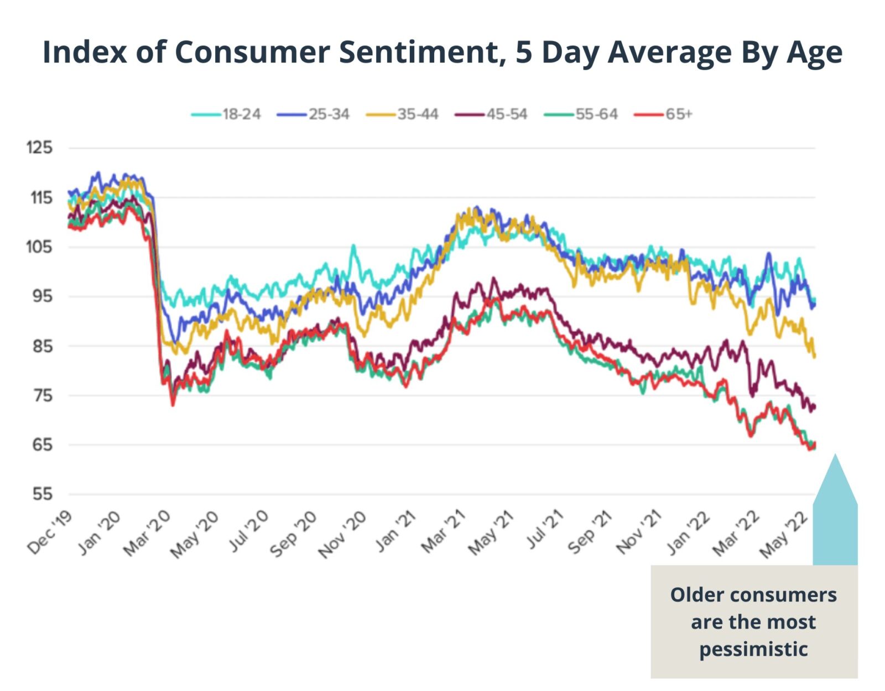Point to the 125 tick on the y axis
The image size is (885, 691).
[x=39, y=148]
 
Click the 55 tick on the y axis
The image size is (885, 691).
[x=42, y=494]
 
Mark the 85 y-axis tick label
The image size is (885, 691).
[x=42, y=346]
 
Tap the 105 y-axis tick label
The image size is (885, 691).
[x=39, y=247]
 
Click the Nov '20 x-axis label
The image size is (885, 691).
[x=342, y=534]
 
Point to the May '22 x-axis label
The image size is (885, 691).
[x=785, y=534]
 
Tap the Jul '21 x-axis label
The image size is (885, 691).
[x=545, y=531]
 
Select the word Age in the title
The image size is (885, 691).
[x=814, y=53]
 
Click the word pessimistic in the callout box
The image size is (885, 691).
[x=753, y=648]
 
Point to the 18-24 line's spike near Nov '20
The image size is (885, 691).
[x=353, y=246]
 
